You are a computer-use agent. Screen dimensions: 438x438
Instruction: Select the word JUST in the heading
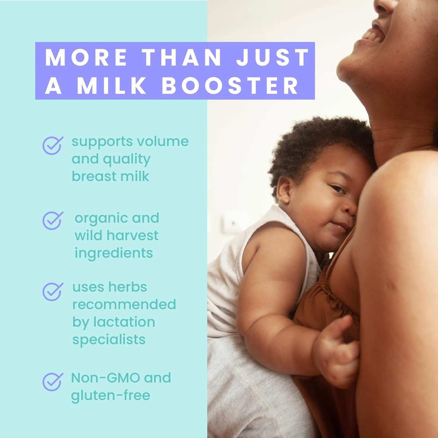[x=272, y=57]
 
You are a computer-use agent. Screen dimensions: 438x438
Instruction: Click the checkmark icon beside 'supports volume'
[x=53, y=145]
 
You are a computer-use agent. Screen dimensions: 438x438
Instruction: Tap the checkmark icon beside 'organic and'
[x=53, y=220]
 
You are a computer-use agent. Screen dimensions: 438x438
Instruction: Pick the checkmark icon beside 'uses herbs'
[x=53, y=291]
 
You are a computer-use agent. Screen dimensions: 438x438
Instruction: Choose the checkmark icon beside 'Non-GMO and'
[x=53, y=382]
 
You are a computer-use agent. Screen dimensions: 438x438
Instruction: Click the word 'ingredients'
[x=114, y=253]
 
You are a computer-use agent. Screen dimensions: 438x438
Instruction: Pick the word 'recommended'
[x=124, y=304]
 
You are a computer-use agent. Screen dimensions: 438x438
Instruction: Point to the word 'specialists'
[x=109, y=340]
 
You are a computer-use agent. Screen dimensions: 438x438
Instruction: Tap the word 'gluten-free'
[x=111, y=396]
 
